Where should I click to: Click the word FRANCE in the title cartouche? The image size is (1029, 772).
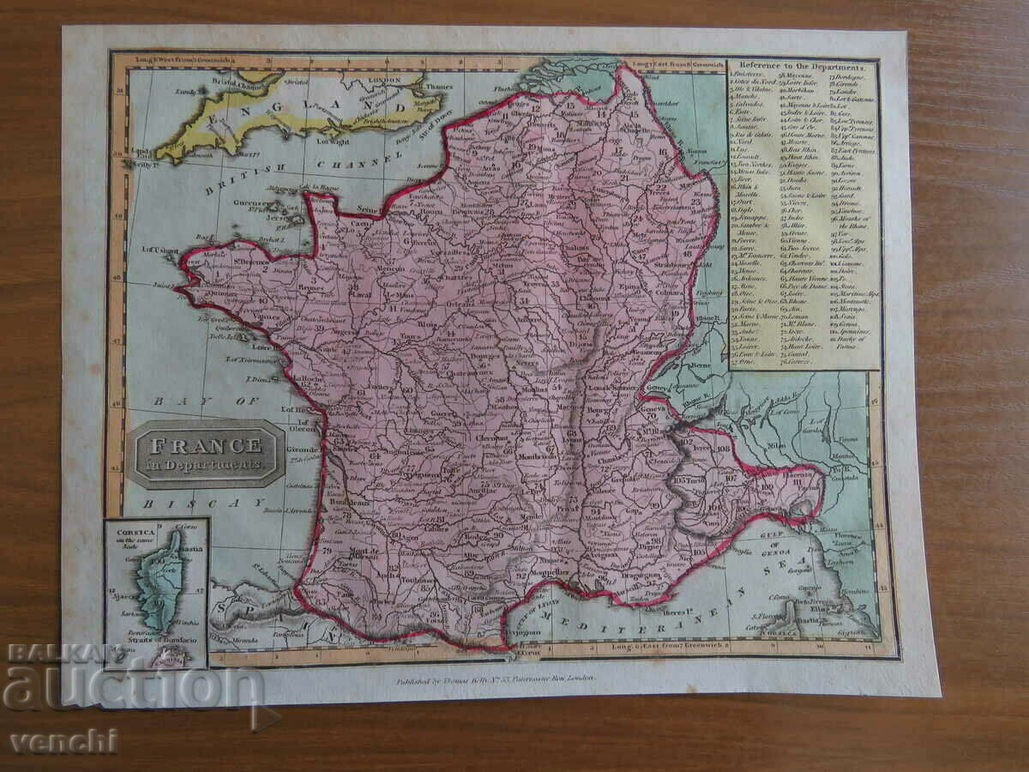tap(206, 445)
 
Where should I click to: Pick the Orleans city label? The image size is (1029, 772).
tap(460, 302)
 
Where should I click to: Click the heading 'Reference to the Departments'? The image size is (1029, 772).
tap(803, 66)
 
